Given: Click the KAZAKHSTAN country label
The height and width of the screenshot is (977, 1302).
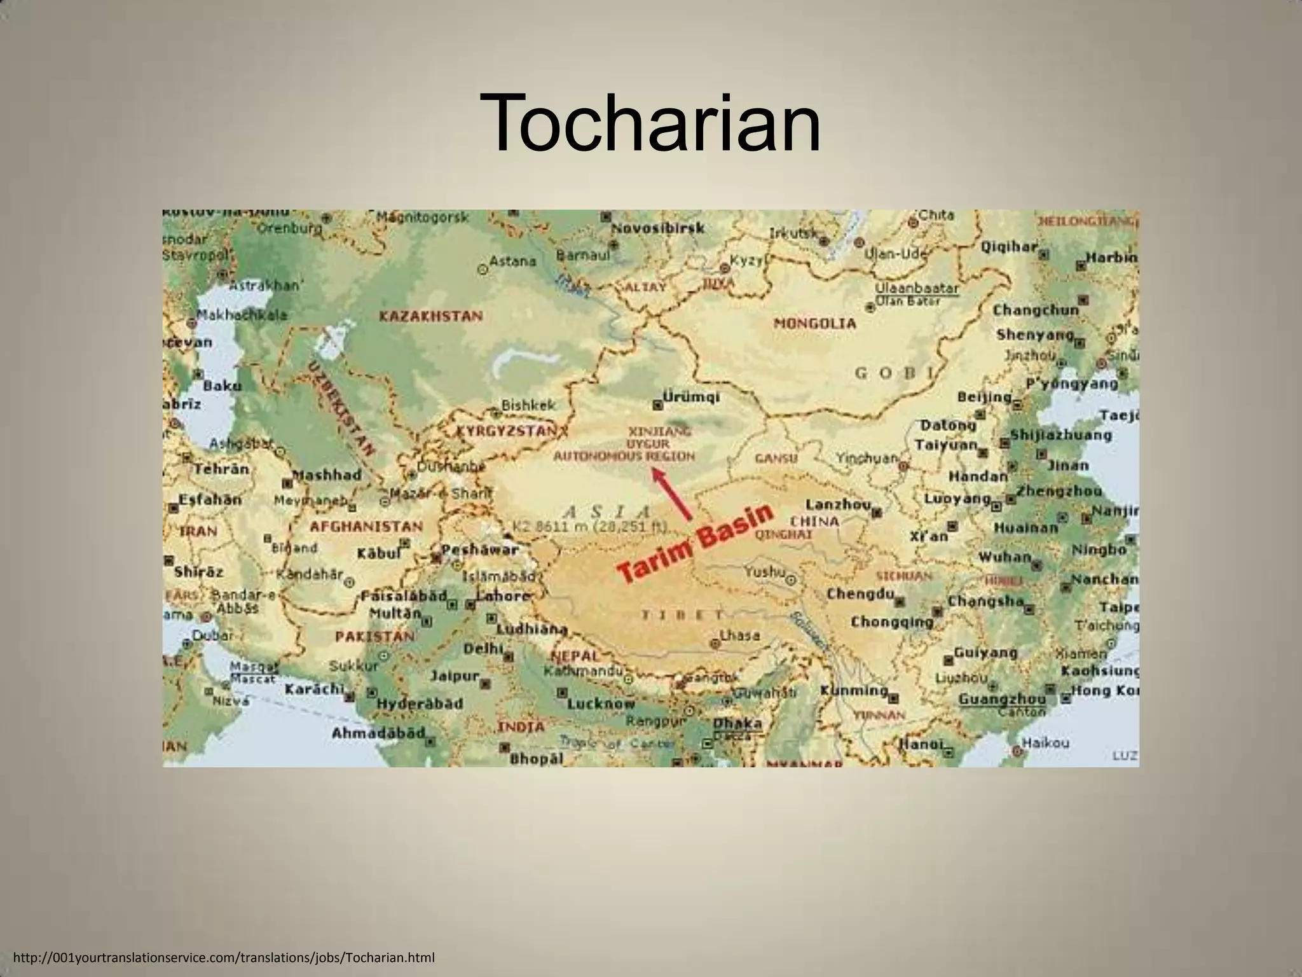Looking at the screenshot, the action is [430, 316].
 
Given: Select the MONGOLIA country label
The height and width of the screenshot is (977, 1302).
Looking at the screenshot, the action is [814, 323].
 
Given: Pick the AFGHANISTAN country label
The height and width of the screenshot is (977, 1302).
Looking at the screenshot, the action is [366, 527].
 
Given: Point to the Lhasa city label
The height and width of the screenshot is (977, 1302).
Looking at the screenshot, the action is [739, 635].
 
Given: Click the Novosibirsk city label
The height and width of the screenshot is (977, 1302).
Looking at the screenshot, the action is [657, 228].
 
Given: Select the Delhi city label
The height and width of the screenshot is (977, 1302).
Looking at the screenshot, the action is [484, 649].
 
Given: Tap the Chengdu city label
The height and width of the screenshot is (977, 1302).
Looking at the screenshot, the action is [860, 594].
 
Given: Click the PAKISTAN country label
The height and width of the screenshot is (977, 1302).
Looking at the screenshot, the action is [374, 636].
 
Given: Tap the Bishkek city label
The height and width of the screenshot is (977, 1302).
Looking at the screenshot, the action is [528, 405].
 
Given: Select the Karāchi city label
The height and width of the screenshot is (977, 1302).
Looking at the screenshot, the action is [314, 689].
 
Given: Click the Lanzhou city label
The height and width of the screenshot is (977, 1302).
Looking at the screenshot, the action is [837, 504].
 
